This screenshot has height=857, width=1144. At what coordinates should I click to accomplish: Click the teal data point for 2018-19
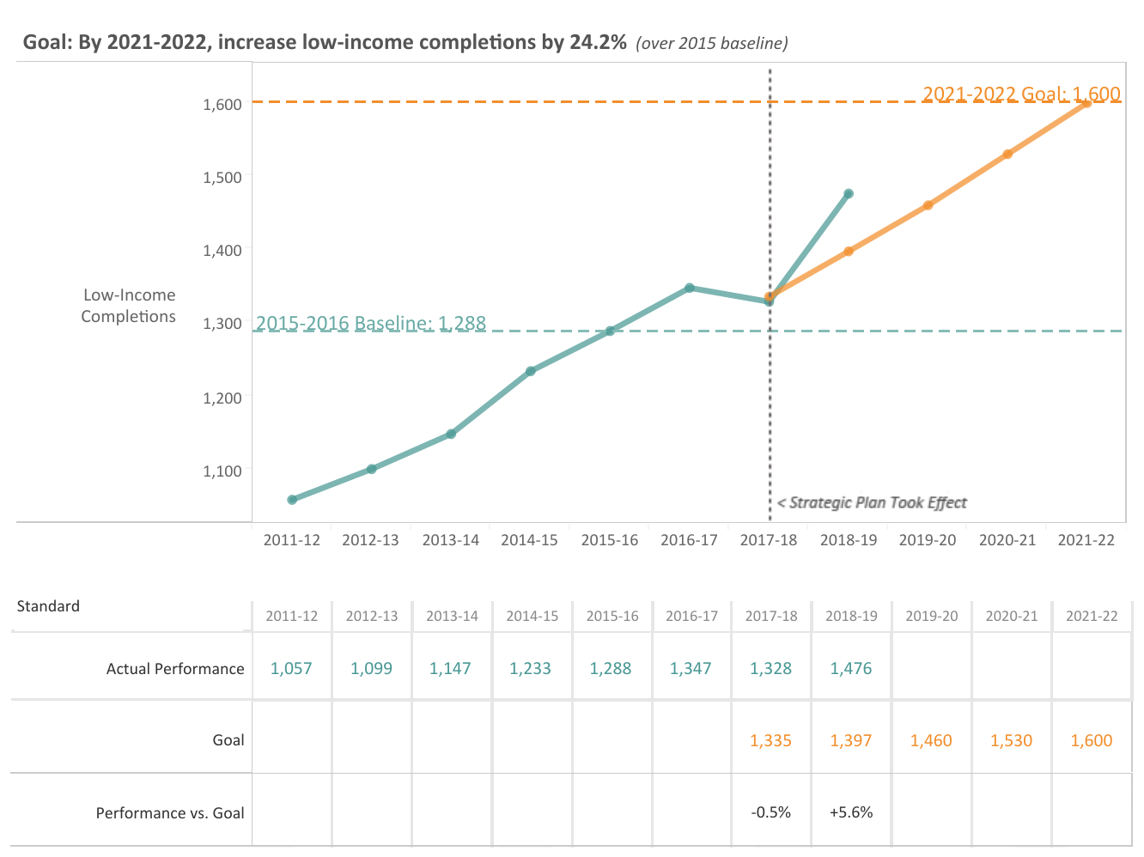click(x=849, y=194)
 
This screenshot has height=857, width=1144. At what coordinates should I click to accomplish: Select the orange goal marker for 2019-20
click(x=928, y=205)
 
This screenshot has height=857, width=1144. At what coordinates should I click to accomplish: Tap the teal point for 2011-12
click(x=292, y=500)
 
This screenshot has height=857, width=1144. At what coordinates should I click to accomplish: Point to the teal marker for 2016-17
click(x=690, y=288)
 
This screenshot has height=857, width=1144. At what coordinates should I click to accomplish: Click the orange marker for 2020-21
click(x=1007, y=155)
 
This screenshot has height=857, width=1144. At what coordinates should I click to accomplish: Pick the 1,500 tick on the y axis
click(x=222, y=177)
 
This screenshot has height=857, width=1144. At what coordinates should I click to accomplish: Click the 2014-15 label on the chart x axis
click(x=529, y=540)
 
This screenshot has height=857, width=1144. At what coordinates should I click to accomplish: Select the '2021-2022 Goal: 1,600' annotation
click(x=1021, y=94)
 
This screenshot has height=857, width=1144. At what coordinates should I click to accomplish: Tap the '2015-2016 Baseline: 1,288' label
click(x=371, y=323)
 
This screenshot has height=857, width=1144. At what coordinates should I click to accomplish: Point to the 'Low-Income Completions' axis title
click(x=129, y=306)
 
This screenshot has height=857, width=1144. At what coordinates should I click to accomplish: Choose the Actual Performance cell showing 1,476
click(x=851, y=668)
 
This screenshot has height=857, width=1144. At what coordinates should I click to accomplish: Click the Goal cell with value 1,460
click(x=931, y=740)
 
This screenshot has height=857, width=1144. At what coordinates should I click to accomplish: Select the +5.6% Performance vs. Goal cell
click(x=851, y=812)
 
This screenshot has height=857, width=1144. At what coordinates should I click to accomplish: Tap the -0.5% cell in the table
click(x=770, y=812)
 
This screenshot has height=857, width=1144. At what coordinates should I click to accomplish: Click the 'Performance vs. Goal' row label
click(x=170, y=812)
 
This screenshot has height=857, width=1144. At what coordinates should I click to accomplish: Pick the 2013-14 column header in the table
click(x=452, y=617)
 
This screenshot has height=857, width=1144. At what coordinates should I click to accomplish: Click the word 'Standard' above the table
click(x=48, y=606)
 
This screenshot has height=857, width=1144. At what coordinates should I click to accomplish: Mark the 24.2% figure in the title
click(x=598, y=42)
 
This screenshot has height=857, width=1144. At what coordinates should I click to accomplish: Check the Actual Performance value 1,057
click(x=291, y=668)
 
